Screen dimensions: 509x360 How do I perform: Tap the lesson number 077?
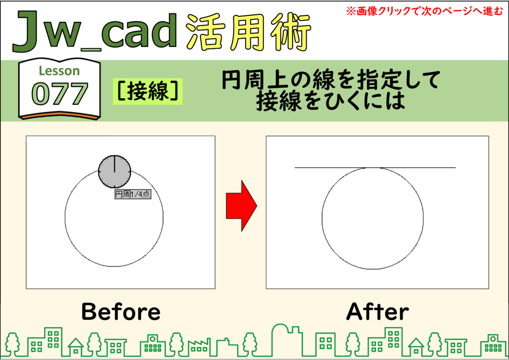click(60, 94)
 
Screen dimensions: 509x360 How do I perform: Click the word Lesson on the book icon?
click(59, 71)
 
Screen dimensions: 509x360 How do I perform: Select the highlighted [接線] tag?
click(148, 91)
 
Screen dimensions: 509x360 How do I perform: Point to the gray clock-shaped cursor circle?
click(115, 172)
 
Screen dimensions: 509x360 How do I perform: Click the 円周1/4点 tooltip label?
click(133, 194)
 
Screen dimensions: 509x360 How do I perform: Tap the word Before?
click(121, 311)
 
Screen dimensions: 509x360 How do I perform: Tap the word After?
click(377, 311)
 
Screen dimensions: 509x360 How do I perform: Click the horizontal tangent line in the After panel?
click(375, 168)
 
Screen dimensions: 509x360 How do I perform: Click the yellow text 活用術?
click(249, 32)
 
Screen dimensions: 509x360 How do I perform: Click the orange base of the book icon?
click(59, 116)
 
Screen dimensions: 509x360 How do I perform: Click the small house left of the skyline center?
click(76, 347)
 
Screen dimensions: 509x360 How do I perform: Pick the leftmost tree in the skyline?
click(12, 344)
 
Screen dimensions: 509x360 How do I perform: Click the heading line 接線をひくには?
click(331, 101)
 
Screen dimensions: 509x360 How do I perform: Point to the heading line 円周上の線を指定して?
click(331, 80)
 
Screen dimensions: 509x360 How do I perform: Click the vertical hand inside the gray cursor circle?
click(115, 164)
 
